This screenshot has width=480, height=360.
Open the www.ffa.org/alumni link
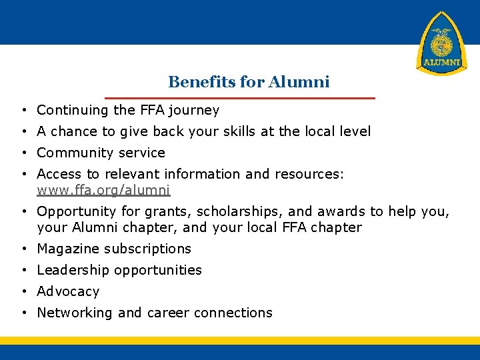tap(103, 190)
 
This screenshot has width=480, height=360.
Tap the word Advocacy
tap(68, 291)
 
